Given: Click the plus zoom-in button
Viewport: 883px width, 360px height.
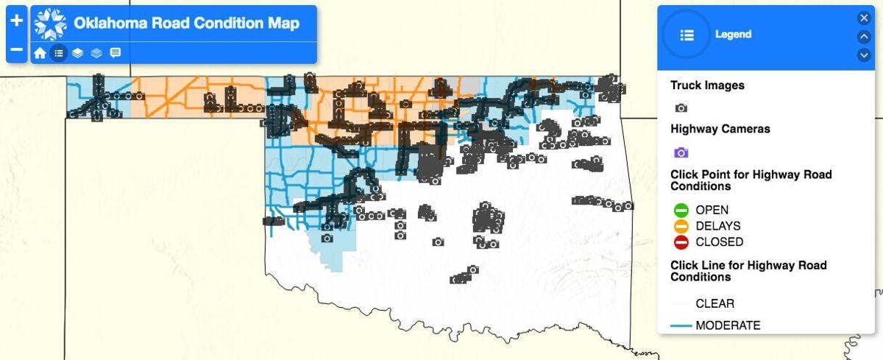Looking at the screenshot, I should [x=17, y=21].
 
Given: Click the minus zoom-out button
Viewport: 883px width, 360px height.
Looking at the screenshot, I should [x=17, y=51].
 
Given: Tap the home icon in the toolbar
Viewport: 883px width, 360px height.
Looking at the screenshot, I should [x=40, y=53].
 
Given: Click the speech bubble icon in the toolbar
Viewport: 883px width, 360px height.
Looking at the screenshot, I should [x=116, y=53].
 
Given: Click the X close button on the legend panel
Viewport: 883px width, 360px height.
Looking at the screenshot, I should [x=864, y=18].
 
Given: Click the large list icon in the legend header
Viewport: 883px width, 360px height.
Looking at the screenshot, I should [x=687, y=35].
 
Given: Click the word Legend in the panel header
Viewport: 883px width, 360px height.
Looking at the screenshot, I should [x=733, y=35].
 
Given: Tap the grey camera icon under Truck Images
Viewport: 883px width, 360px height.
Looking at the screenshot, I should [x=681, y=107].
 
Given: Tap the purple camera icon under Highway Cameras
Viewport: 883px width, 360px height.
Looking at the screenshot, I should [x=681, y=152].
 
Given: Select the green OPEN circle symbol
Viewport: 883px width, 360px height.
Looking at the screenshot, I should [x=681, y=210].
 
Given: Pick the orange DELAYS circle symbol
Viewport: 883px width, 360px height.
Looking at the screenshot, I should [x=681, y=226].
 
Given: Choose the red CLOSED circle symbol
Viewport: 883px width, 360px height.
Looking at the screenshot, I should [x=681, y=242].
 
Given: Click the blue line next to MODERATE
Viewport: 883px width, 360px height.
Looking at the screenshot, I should [x=681, y=325].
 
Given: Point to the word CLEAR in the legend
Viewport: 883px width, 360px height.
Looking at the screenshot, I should [x=714, y=303].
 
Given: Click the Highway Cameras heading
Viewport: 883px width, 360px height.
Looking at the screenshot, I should [x=720, y=129].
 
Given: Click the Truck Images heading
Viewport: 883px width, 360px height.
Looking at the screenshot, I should [x=707, y=85].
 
